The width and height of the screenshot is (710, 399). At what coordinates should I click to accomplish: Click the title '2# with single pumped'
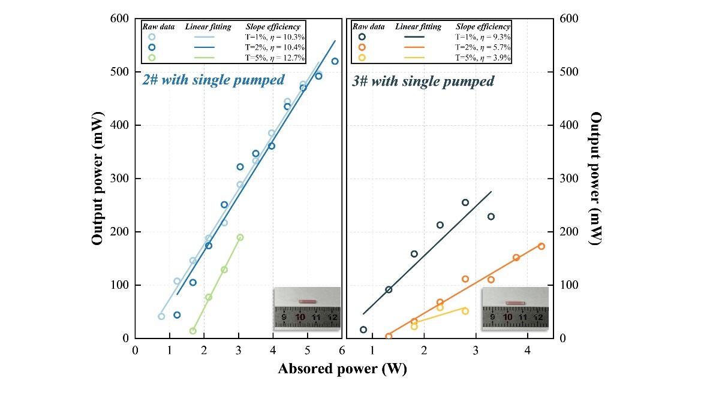pos(212,80)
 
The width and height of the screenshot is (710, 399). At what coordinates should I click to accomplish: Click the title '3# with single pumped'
pos(423,81)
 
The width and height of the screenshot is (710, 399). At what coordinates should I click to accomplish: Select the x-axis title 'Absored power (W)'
pos(342,370)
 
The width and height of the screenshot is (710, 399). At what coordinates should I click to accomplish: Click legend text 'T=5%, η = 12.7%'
pos(276,58)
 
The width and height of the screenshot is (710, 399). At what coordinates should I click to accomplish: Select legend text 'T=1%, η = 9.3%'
pos(483,37)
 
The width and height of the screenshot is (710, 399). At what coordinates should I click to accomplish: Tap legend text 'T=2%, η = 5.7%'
pos(483,47)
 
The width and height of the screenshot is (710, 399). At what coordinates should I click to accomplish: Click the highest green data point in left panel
pos(240,237)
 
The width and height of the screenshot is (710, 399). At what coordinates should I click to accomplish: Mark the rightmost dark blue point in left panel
pos(335,61)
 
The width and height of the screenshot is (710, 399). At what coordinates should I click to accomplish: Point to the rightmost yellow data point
pos(465,311)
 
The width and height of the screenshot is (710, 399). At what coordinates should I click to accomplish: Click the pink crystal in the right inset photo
pos(515,303)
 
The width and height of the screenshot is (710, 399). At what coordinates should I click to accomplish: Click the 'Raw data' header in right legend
pos(368,27)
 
